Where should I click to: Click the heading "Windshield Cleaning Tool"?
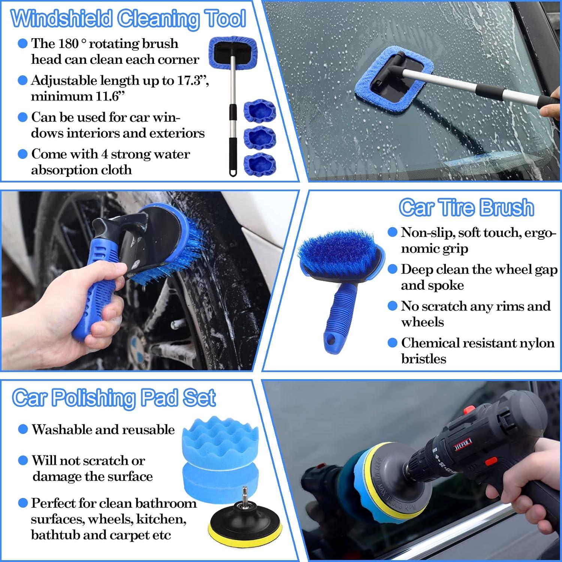point(129,19)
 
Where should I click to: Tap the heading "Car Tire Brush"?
point(466,208)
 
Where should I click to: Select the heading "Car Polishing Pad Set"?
point(114,398)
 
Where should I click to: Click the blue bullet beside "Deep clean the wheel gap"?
point(392,269)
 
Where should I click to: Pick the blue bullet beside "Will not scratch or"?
point(23,460)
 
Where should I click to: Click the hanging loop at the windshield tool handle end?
point(233,172)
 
